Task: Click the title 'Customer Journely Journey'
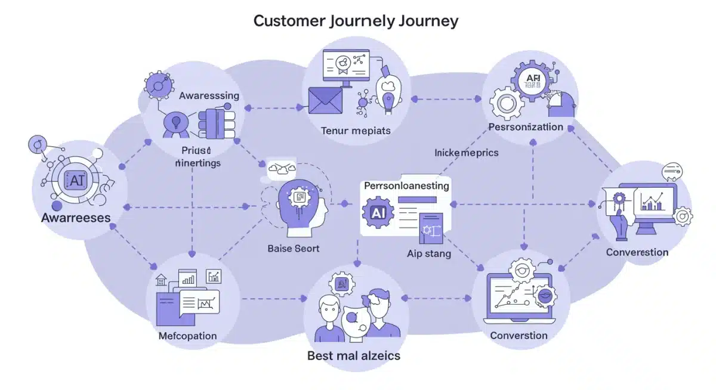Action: tap(356, 21)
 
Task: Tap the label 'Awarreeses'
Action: tap(76, 218)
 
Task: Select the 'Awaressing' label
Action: tap(209, 95)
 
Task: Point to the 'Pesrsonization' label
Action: tap(525, 127)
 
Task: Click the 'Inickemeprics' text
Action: tap(466, 153)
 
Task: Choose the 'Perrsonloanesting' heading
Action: tap(406, 186)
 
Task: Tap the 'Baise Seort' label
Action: tap(294, 248)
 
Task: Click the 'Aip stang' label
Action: tap(428, 253)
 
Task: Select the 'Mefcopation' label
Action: tap(187, 336)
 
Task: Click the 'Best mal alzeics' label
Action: tap(353, 356)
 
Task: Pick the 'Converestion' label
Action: tap(637, 252)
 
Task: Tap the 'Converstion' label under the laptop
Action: tap(519, 335)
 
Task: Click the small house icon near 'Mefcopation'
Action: tap(161, 279)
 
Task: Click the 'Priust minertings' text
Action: tap(198, 157)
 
